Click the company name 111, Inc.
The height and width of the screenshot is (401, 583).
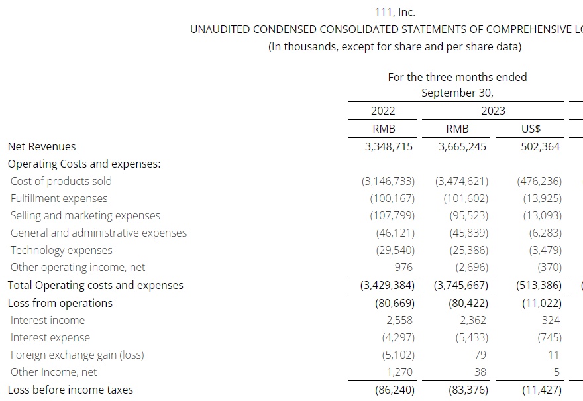[x=395, y=13]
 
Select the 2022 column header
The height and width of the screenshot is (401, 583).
[x=383, y=111]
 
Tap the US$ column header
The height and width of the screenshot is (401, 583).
[x=531, y=129]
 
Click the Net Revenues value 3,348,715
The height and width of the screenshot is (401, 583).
[x=388, y=146]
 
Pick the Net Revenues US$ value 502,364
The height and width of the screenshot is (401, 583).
[x=540, y=146]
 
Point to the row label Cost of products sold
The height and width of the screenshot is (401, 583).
[x=61, y=181]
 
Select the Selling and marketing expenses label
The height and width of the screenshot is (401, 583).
[x=85, y=216]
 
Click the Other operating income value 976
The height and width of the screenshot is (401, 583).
[x=403, y=268]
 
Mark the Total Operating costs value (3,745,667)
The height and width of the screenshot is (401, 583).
[x=461, y=285]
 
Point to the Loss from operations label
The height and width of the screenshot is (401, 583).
[x=60, y=303]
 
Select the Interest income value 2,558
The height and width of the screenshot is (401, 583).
[x=399, y=320]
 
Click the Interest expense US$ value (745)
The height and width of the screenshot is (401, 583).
[x=549, y=338]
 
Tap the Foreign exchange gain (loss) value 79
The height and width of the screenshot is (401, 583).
[x=480, y=355]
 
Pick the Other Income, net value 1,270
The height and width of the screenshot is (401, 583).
[x=399, y=372]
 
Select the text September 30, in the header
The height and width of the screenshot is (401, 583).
[x=457, y=93]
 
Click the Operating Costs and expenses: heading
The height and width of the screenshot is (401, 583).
[x=84, y=164]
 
